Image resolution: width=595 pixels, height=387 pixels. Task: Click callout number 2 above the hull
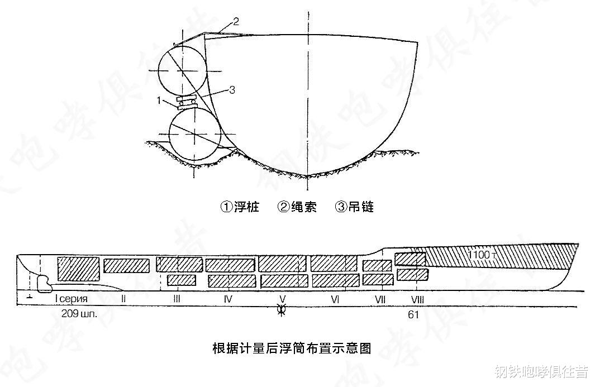pyautogui.click(x=236, y=22)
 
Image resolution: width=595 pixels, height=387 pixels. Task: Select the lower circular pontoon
pyautogui.click(x=193, y=135)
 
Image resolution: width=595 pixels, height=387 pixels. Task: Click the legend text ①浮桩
pyautogui.click(x=240, y=207)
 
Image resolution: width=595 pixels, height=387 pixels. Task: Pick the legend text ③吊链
pyautogui.click(x=354, y=207)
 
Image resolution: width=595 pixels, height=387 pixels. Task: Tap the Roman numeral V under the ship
pyautogui.click(x=282, y=299)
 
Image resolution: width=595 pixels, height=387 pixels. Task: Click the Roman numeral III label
pyautogui.click(x=177, y=299)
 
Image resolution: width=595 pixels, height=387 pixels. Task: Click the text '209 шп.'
pyautogui.click(x=79, y=314)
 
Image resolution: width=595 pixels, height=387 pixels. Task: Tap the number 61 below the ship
pyautogui.click(x=413, y=315)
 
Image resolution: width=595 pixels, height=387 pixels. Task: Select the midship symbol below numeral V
pyautogui.click(x=282, y=311)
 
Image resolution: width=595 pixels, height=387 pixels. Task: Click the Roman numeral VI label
pyautogui.click(x=335, y=299)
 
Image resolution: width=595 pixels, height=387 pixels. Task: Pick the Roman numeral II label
pyautogui.click(x=123, y=299)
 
